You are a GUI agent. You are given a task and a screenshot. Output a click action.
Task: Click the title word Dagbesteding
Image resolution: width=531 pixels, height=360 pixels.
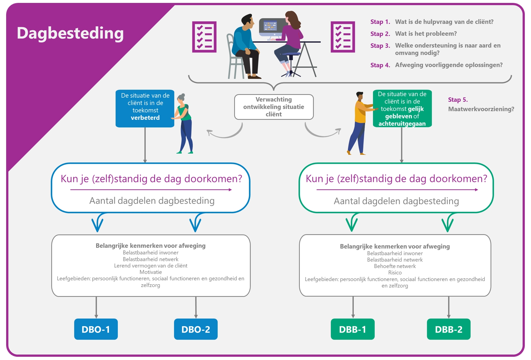click(70, 33)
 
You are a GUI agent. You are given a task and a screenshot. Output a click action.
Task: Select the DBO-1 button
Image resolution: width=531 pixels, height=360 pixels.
click(96, 329)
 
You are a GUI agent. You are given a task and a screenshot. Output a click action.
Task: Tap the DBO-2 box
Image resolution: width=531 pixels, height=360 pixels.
click(195, 329)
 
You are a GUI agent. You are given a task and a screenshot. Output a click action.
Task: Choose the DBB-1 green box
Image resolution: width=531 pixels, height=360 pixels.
click(352, 329)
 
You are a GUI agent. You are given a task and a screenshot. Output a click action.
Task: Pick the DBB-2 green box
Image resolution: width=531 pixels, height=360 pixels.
click(448, 329)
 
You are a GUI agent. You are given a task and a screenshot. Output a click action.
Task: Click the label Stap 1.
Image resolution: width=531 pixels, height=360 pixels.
click(380, 22)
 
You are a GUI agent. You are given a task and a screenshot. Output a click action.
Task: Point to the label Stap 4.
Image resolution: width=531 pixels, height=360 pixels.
click(380, 65)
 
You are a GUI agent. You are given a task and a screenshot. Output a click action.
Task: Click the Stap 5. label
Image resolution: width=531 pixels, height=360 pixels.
click(458, 100)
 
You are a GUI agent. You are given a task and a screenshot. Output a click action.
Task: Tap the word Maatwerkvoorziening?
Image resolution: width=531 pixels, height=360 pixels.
click(481, 109)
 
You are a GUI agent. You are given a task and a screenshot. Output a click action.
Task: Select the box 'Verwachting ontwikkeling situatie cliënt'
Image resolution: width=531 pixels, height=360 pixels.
click(274, 107)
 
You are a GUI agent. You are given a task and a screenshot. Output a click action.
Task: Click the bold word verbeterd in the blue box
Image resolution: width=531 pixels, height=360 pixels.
click(145, 118)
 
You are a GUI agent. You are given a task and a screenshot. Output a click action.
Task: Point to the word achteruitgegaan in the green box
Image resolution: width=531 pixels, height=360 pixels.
click(402, 124)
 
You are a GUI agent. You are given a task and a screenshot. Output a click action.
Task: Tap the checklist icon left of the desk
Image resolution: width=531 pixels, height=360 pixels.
click(204, 37)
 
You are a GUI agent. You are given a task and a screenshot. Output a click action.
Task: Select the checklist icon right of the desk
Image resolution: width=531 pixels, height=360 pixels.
click(343, 37)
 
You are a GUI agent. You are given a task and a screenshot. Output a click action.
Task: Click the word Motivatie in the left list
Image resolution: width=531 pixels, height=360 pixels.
click(150, 272)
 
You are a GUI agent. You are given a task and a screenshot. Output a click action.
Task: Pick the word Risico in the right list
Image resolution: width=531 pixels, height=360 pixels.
click(395, 273)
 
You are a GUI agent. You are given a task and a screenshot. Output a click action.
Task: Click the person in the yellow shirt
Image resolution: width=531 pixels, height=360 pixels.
click(360, 123)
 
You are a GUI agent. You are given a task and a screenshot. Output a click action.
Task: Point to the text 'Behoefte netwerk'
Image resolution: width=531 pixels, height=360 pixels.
click(395, 266)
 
